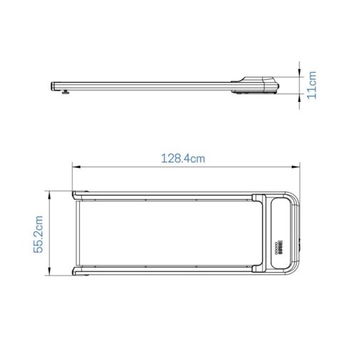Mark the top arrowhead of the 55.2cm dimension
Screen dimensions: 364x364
coord(49,193)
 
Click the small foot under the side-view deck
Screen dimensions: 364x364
coord(66,91)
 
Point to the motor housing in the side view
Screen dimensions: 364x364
coord(261,84)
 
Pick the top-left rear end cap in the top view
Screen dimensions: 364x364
coord(79,194)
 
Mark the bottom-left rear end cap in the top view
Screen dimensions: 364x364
coord(79,272)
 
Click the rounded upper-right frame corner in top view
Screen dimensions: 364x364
coord(294,198)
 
